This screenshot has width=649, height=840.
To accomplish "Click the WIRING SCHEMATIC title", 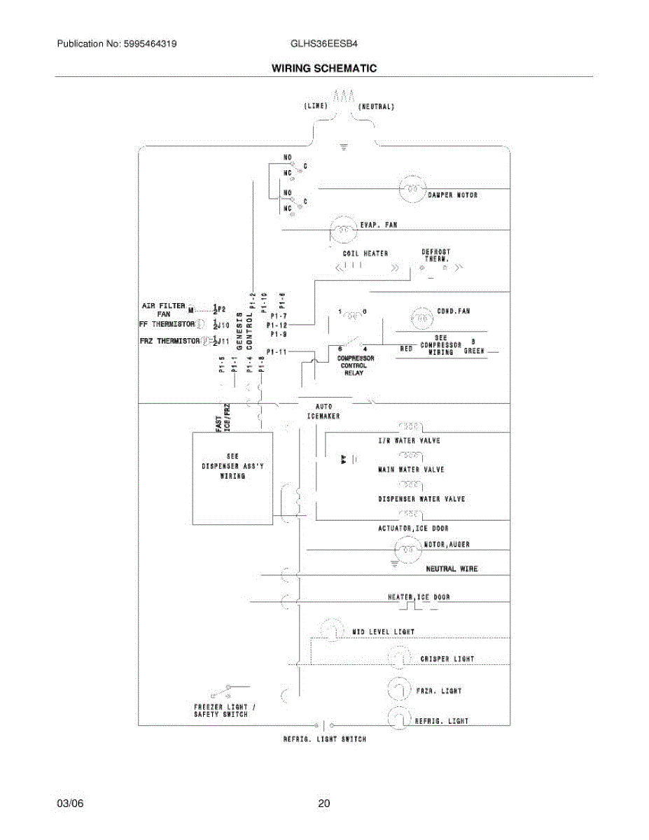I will click(x=324, y=68).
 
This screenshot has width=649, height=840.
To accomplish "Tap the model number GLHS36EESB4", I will click(x=324, y=43).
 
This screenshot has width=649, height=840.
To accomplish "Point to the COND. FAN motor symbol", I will click(x=421, y=318).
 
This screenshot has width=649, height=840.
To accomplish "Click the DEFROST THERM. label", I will click(x=435, y=255).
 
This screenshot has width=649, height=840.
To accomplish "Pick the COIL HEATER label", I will click(x=365, y=253).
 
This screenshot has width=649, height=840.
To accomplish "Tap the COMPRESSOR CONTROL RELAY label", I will click(x=357, y=365).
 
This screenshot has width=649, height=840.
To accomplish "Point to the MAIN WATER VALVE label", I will click(x=411, y=470).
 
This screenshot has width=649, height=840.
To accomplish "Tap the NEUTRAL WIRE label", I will click(x=452, y=569).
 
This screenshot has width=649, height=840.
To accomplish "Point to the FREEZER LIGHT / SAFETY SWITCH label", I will click(x=224, y=710).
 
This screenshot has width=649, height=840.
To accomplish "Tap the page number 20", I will click(x=323, y=804).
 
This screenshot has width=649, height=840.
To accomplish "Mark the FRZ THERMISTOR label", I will click(x=169, y=341).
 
